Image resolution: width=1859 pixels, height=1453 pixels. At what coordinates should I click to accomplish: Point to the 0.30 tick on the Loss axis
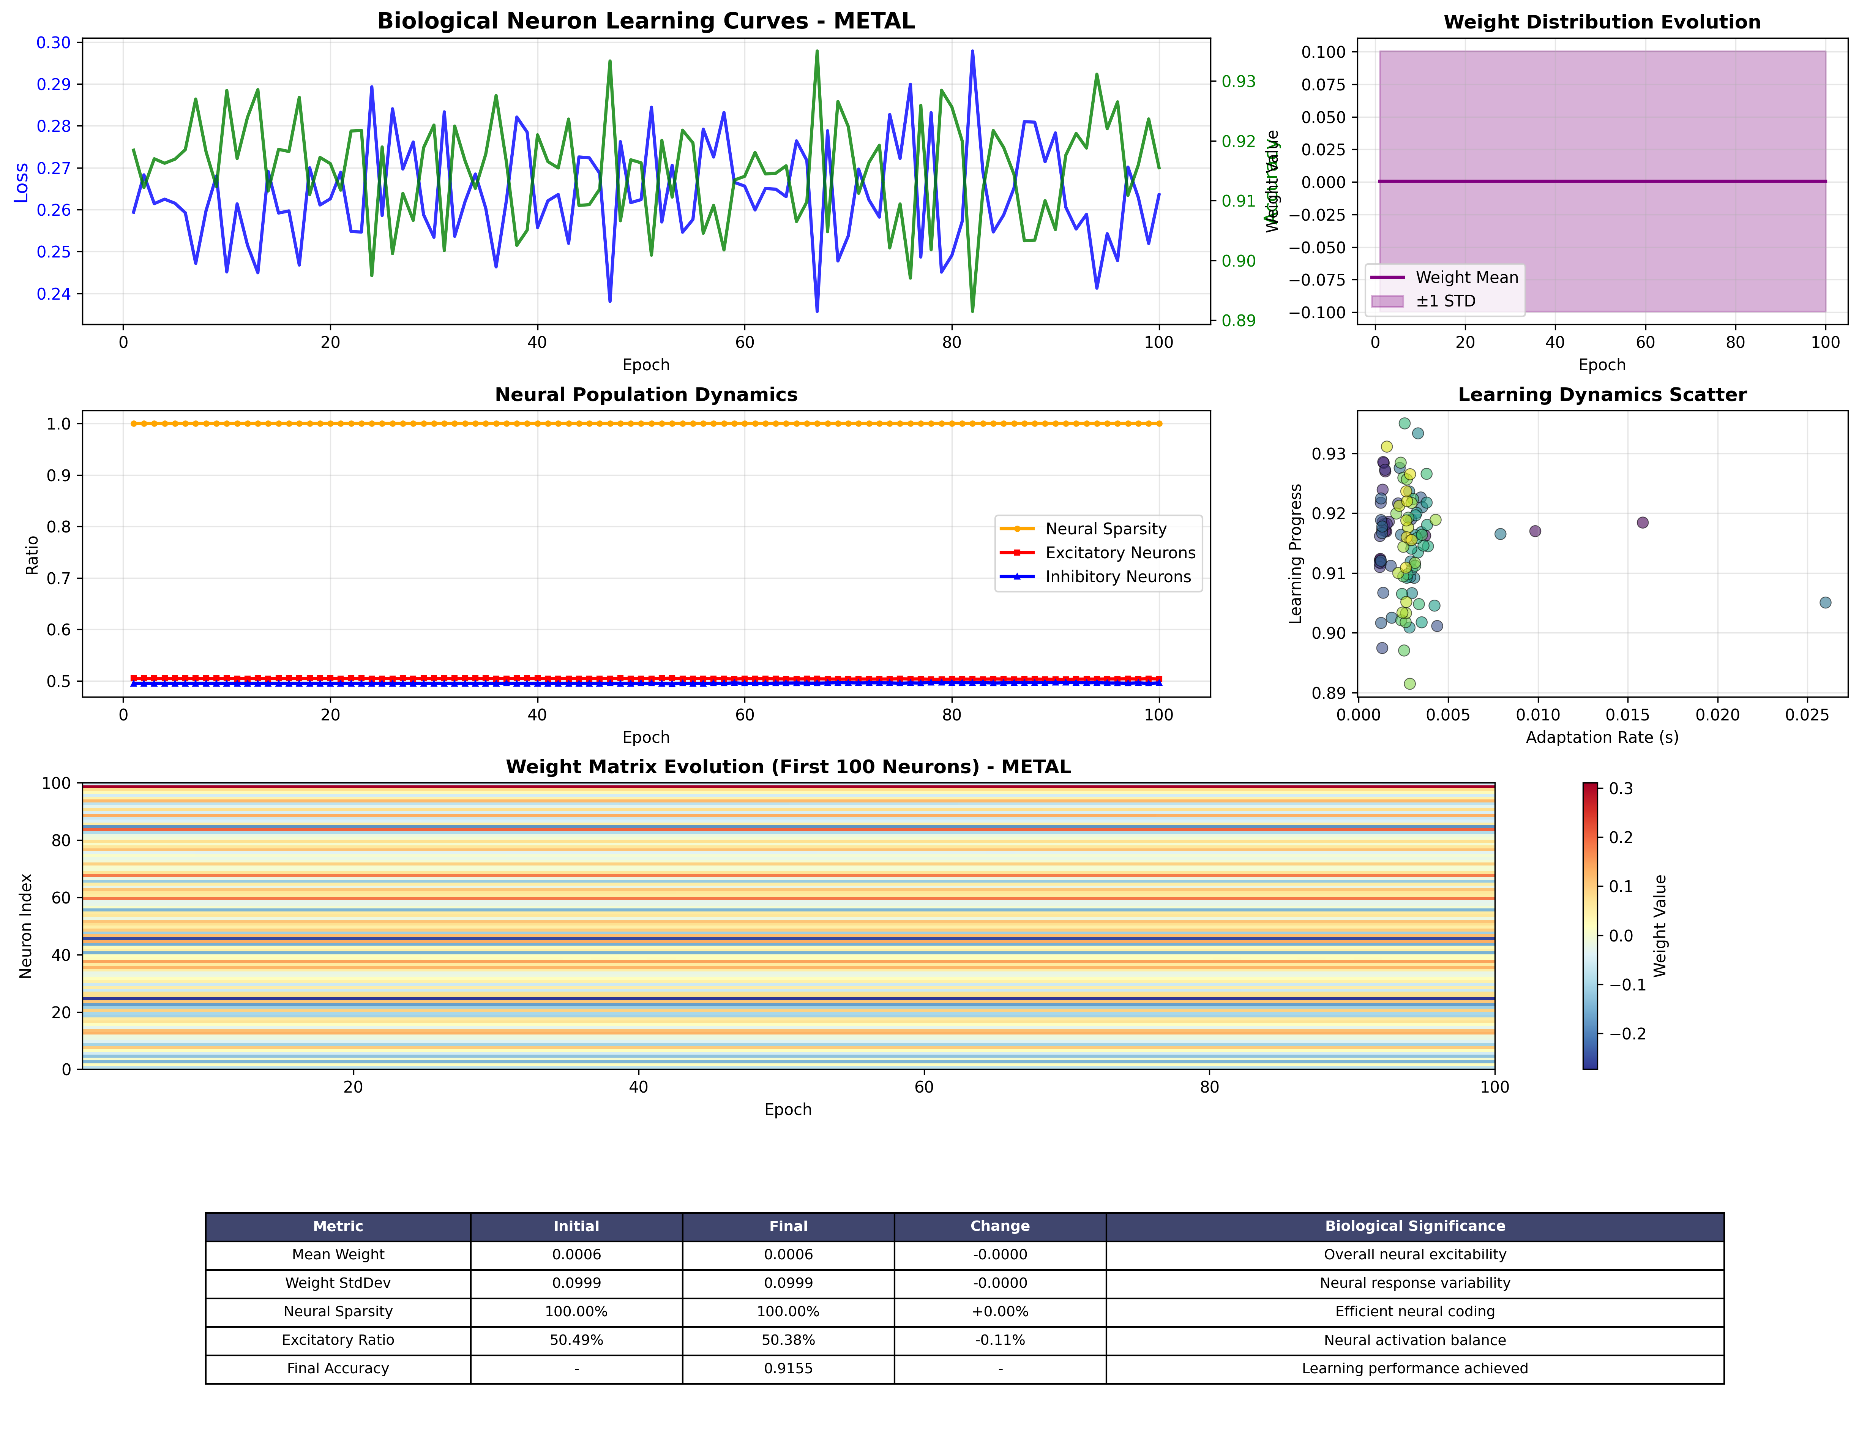(x=53, y=43)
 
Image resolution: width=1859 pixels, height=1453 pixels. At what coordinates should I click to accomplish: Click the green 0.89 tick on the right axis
(x=1239, y=321)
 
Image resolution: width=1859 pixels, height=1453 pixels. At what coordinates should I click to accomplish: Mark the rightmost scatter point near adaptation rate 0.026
(x=1825, y=603)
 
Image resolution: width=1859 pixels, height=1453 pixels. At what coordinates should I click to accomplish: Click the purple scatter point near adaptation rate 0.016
(x=1643, y=523)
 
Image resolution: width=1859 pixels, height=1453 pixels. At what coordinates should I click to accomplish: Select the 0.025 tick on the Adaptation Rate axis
(x=1807, y=715)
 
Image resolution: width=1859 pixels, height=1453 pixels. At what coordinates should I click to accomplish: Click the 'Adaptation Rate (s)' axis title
(x=1602, y=737)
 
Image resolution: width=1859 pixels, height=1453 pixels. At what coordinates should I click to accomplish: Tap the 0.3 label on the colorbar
(x=1621, y=789)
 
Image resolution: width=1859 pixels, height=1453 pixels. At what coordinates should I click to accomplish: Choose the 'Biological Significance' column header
(x=1415, y=1227)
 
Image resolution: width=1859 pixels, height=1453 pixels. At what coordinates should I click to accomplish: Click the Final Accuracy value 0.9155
(x=788, y=1369)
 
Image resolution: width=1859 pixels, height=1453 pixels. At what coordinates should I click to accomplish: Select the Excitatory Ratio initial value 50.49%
(x=576, y=1340)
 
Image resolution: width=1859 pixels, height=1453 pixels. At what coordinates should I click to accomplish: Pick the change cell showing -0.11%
(x=1000, y=1340)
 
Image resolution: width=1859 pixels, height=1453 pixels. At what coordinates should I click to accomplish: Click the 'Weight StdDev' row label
(x=338, y=1283)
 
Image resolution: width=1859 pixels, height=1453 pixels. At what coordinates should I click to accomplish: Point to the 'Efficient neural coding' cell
(x=1415, y=1312)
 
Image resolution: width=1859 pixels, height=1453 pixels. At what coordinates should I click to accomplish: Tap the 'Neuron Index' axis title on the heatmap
(x=25, y=926)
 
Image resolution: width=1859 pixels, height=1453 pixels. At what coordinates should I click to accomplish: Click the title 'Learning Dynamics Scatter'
(x=1602, y=395)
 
